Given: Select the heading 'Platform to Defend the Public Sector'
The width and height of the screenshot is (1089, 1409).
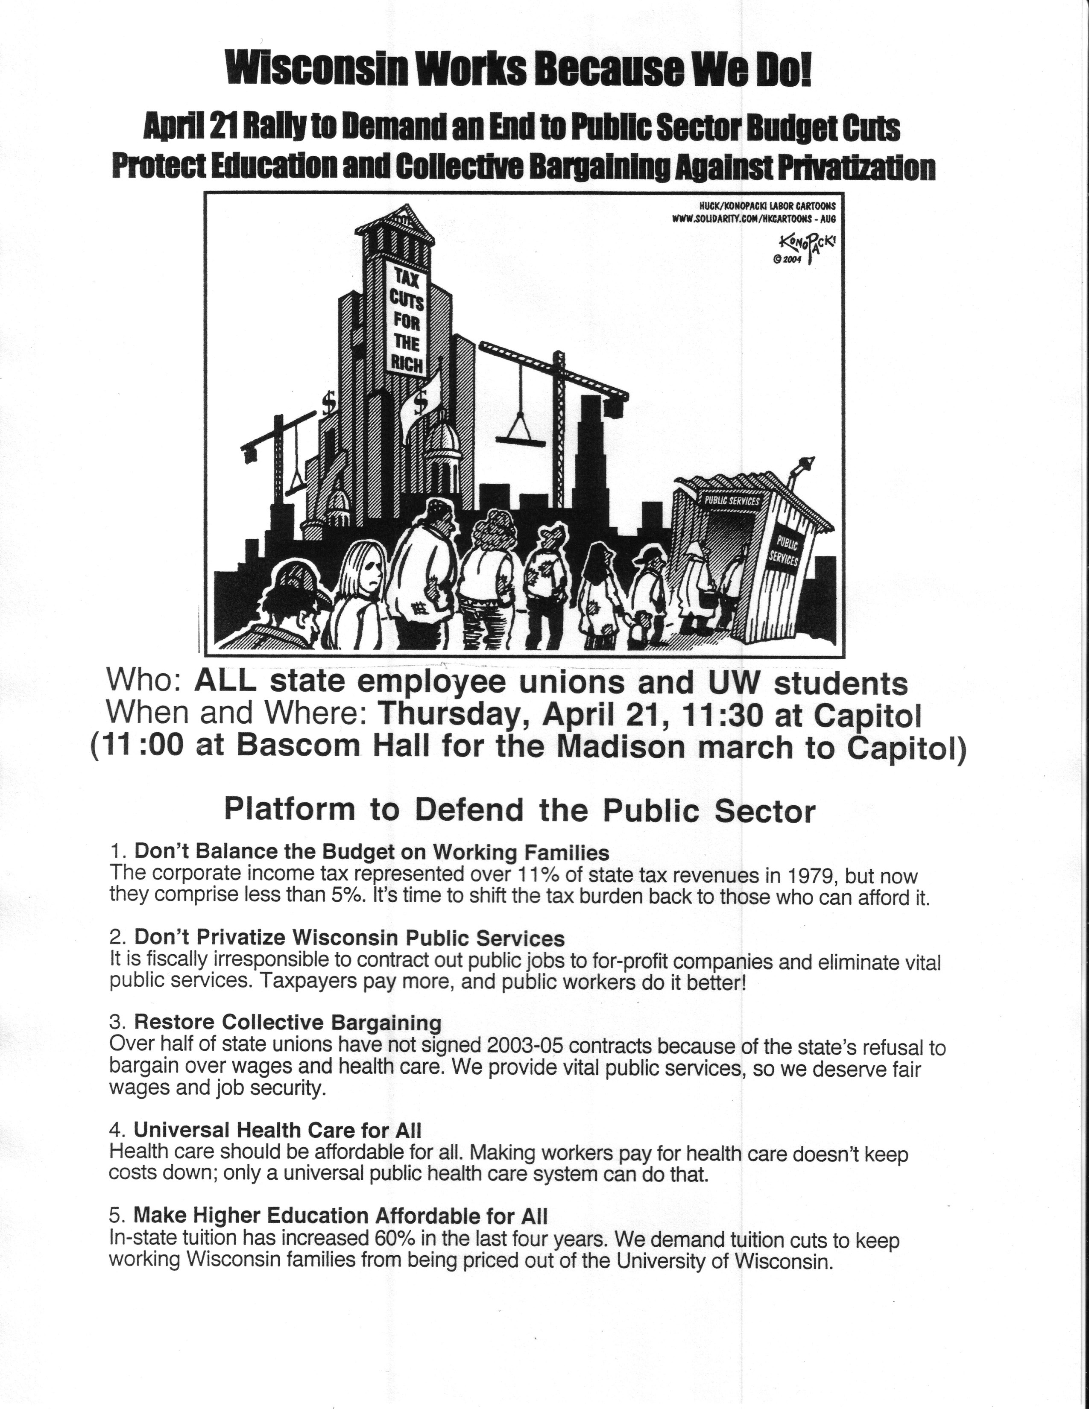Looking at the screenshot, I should (x=519, y=810).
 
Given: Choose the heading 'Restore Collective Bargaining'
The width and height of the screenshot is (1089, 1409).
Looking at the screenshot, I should (x=288, y=1023).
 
